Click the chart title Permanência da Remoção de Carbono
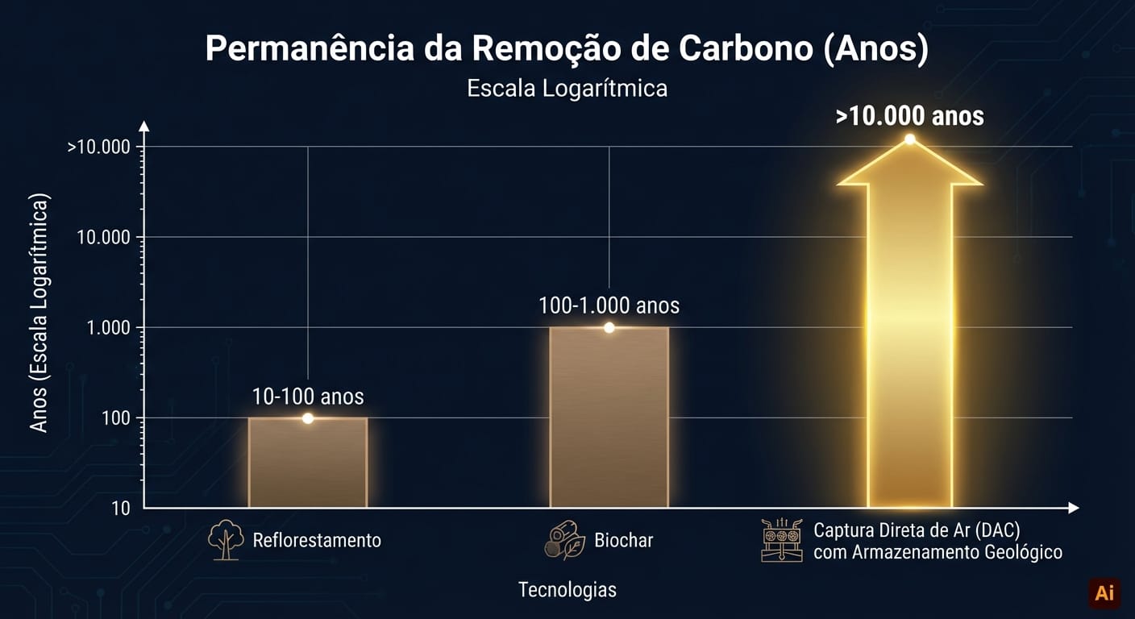[x=567, y=49]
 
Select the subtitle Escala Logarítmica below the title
[x=567, y=88]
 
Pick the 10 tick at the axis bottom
[x=121, y=508]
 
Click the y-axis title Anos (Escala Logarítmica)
[x=39, y=313]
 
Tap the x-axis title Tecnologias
[x=567, y=590]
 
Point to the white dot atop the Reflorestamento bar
[x=307, y=418]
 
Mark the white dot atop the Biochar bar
[x=609, y=327]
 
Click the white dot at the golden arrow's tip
[x=909, y=139]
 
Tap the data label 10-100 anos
[x=307, y=397]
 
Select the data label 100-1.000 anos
[x=609, y=306]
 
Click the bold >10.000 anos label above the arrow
[x=909, y=116]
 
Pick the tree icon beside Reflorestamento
[x=226, y=540]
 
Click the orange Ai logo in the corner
[x=1104, y=593]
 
